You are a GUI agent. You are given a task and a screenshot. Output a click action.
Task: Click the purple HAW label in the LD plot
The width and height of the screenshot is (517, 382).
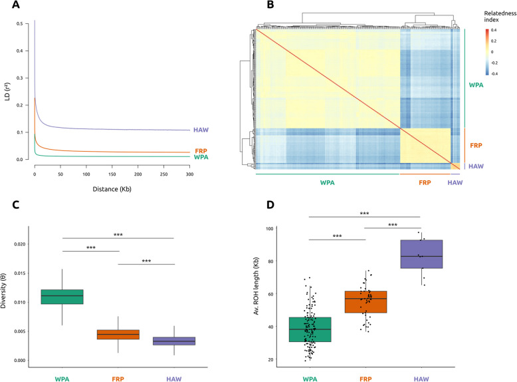(x=201, y=130)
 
